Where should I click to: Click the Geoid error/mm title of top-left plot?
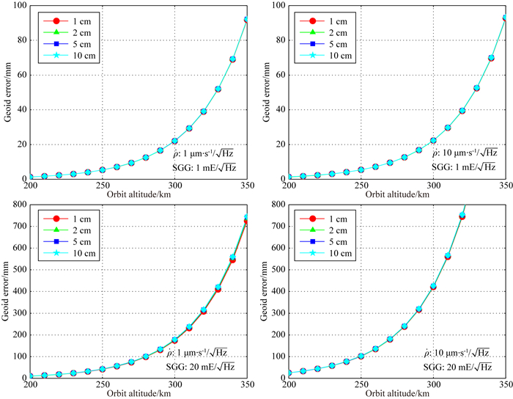pos(7,92)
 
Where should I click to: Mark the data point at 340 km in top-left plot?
pos(232,59)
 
